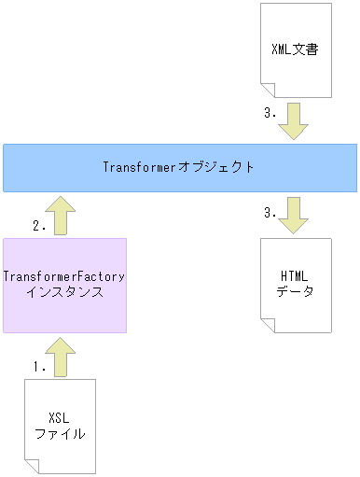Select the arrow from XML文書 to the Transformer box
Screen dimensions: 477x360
click(x=295, y=121)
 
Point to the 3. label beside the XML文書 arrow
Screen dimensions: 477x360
click(x=270, y=115)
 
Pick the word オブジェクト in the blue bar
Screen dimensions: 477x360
click(x=224, y=167)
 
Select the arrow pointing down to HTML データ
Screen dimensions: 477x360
click(x=295, y=214)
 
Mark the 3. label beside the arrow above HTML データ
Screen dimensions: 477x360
click(x=270, y=213)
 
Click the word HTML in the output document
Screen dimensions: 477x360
click(x=295, y=276)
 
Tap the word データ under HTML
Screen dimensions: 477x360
click(x=295, y=291)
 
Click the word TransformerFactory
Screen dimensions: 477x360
click(x=63, y=277)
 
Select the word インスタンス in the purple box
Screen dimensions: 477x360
click(x=63, y=292)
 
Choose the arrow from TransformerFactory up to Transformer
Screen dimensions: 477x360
click(x=63, y=216)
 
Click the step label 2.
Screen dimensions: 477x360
click(x=39, y=226)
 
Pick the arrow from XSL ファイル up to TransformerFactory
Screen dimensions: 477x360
click(x=63, y=357)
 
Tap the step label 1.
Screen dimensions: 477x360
click(x=39, y=367)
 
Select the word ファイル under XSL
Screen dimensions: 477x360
click(x=60, y=433)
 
